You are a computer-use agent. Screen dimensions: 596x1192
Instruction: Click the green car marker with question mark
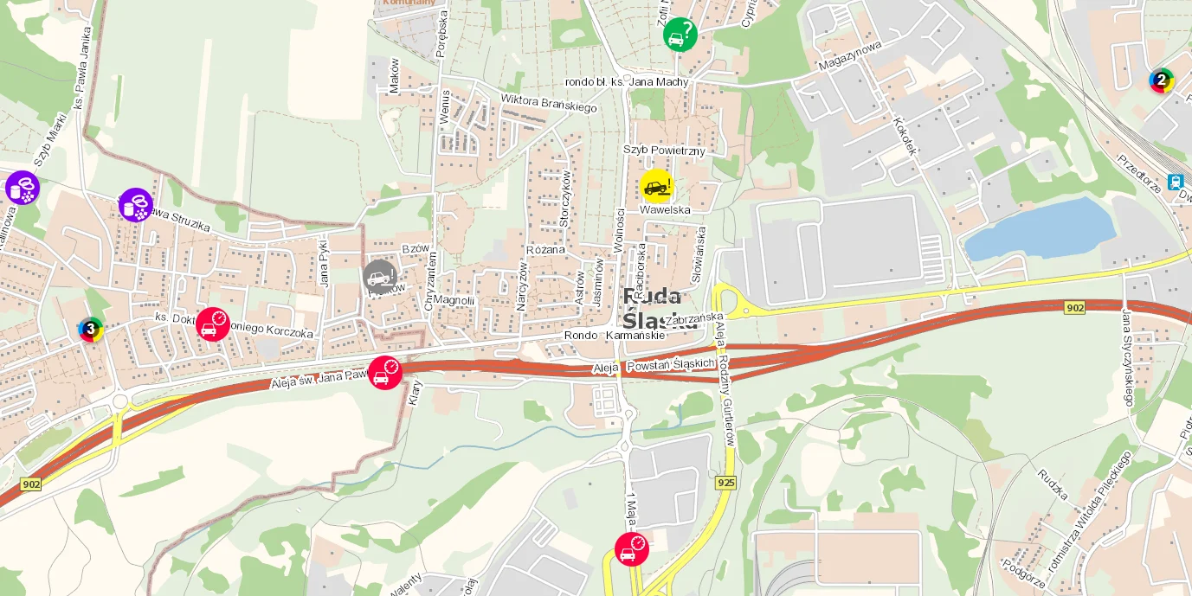(x=680, y=35)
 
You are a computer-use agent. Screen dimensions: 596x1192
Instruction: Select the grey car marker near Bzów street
(x=380, y=277)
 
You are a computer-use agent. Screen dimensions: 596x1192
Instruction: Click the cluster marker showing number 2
(x=1162, y=80)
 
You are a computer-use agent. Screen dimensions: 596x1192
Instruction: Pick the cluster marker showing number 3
(x=91, y=330)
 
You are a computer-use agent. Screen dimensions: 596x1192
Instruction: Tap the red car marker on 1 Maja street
(x=632, y=549)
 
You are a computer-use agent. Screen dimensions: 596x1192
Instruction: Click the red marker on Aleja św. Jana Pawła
(x=385, y=373)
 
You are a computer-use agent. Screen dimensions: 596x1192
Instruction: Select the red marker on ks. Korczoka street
(x=213, y=324)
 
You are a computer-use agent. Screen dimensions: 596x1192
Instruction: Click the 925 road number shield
(x=725, y=482)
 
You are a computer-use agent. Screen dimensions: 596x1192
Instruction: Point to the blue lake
(x=1039, y=229)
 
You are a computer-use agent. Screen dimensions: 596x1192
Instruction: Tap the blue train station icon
(x=1176, y=182)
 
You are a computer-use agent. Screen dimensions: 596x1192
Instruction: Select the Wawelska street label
(x=665, y=209)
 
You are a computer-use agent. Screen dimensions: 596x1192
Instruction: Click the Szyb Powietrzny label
(x=664, y=151)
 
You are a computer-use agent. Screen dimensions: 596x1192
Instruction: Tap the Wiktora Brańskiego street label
(x=549, y=102)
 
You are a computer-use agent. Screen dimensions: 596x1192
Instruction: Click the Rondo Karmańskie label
(x=614, y=336)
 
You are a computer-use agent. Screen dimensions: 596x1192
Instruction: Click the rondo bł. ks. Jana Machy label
(x=626, y=82)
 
